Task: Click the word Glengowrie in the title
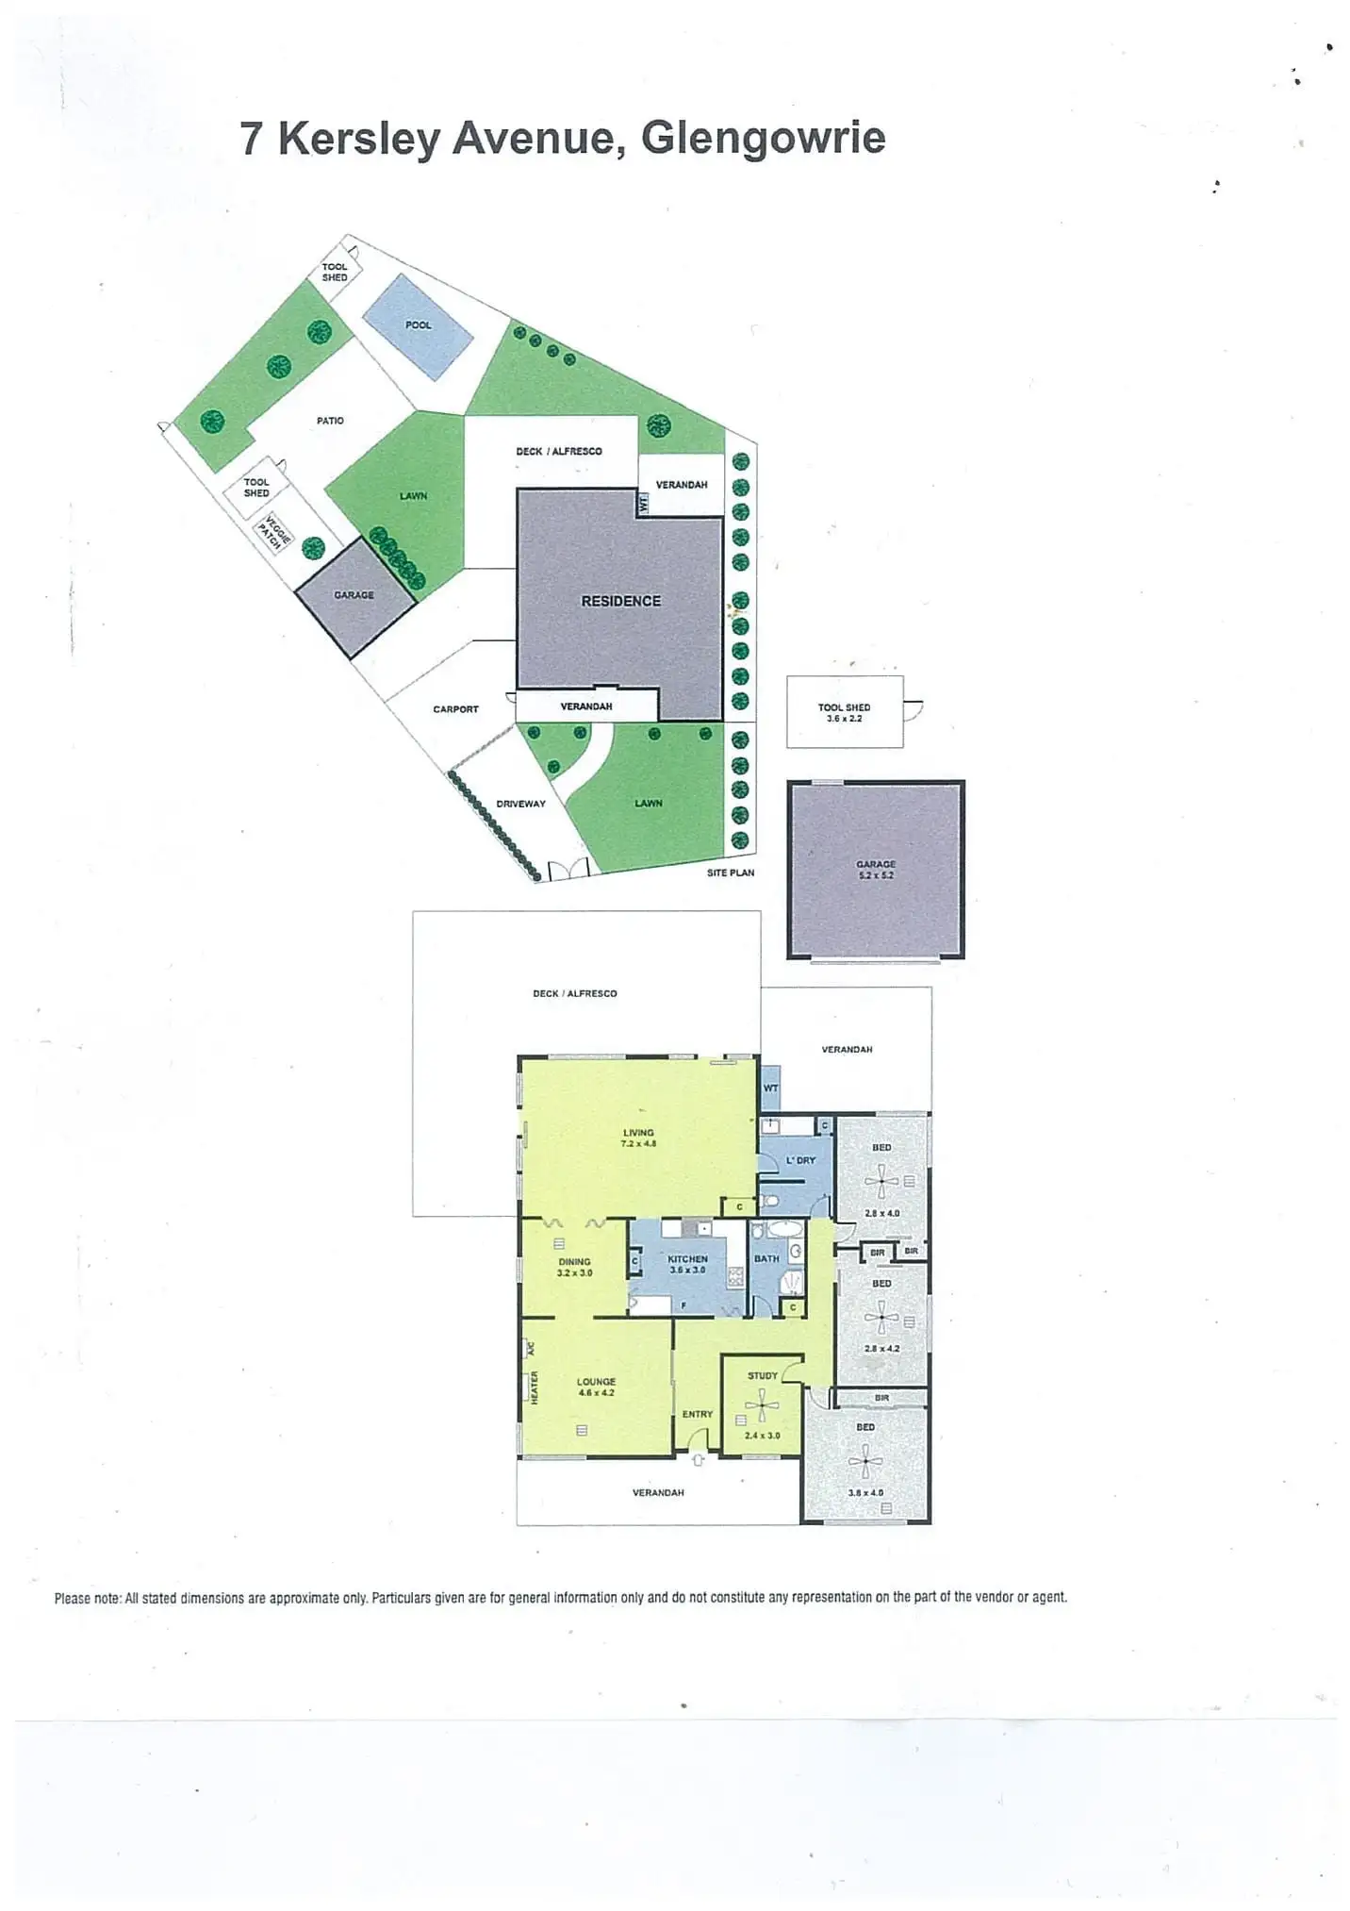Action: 763,138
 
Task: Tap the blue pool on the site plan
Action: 418,326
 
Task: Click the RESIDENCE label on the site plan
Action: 620,601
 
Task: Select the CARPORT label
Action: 455,709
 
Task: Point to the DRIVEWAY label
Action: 520,804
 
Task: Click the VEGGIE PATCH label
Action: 274,535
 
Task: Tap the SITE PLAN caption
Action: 731,872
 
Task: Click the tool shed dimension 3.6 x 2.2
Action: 845,719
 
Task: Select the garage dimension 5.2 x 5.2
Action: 876,875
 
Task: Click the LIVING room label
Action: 638,1132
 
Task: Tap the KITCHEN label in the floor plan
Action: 687,1258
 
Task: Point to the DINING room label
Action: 574,1261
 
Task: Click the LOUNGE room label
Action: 596,1381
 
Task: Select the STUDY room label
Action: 763,1375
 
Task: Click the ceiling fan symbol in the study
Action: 762,1405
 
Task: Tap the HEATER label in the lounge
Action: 534,1387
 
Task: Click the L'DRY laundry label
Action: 800,1160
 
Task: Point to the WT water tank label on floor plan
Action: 770,1088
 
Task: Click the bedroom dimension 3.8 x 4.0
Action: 864,1493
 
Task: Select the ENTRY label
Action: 697,1414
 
